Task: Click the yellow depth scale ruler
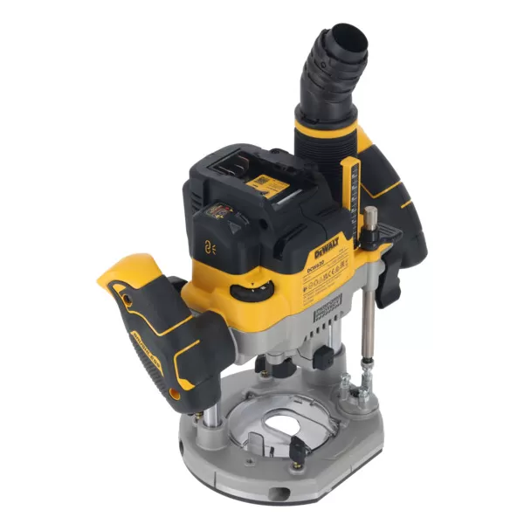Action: (x=352, y=188)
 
